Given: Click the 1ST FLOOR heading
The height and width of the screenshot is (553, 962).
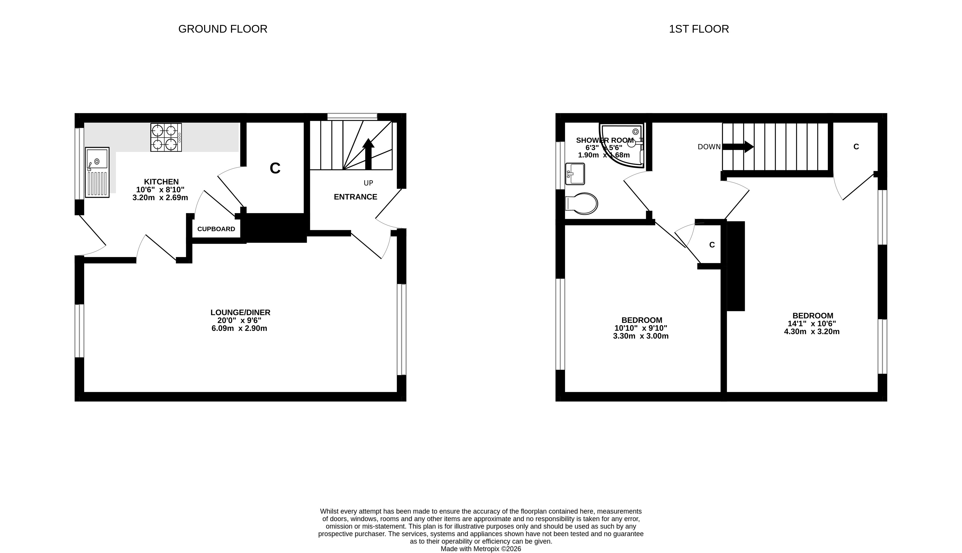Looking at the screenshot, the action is tap(699, 29).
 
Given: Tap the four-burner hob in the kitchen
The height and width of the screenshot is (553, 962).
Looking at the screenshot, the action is tap(166, 137).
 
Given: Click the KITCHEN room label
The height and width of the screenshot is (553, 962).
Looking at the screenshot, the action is tap(161, 182).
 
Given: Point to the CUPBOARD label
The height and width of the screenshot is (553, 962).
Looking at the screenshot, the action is tap(216, 229).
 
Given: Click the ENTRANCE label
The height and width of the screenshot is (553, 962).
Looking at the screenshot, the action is tap(356, 197).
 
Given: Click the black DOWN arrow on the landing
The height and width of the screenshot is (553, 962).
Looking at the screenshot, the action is tap(738, 146).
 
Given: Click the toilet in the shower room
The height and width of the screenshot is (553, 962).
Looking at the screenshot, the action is tap(581, 204).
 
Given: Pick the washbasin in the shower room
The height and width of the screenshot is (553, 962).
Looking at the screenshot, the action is tap(575, 174).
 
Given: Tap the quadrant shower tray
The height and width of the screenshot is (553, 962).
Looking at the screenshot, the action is tap(623, 145).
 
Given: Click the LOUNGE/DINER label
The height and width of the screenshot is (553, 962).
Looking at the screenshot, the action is tap(240, 313).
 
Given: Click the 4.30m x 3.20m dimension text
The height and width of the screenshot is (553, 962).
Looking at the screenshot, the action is tap(812, 332).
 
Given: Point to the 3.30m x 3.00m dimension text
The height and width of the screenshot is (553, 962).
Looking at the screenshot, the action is tap(641, 336).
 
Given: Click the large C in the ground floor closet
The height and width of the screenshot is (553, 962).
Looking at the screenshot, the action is tap(275, 168).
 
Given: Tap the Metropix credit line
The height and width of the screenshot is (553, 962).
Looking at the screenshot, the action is tap(481, 549).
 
